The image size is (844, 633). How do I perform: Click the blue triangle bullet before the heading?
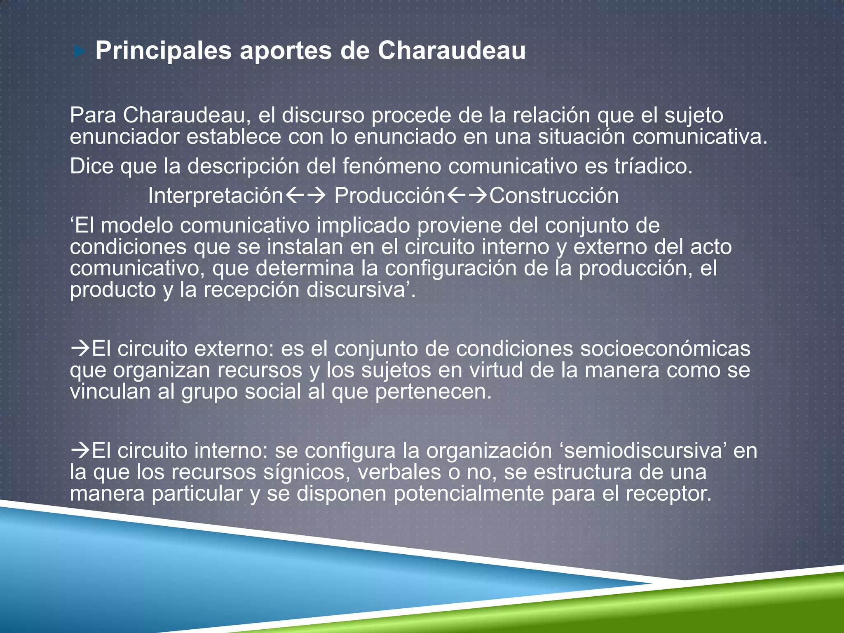point(80,52)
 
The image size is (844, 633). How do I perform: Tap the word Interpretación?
point(216,195)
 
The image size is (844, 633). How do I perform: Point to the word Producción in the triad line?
point(389,195)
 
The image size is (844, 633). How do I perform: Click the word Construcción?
point(554,195)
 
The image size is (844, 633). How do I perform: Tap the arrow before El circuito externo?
point(80,349)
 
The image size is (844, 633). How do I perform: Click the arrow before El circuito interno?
point(80,450)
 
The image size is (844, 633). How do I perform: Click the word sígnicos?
point(307,472)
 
